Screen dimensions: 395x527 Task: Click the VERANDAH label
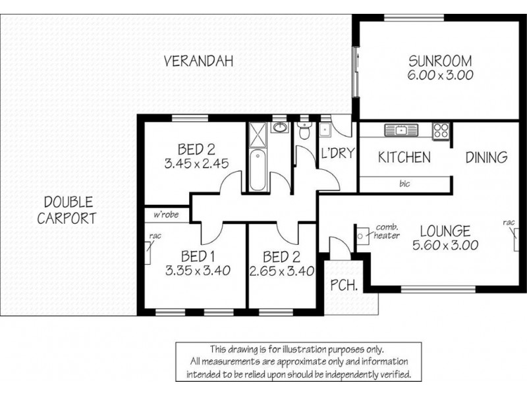pos(198,62)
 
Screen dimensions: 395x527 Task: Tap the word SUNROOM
pos(440,62)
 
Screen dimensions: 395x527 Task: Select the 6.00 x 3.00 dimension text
pos(440,76)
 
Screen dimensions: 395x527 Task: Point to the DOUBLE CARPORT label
pos(66,210)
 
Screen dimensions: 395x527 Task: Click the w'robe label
pos(167,215)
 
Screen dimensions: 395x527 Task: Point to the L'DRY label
pos(338,154)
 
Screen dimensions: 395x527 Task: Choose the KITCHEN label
pos(404,158)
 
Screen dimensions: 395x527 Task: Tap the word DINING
pos(486,158)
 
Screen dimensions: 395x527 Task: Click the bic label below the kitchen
pos(404,184)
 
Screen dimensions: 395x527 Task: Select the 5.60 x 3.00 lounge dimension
pos(445,245)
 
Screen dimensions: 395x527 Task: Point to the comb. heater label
pos(387,231)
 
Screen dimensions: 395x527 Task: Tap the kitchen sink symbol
pos(401,130)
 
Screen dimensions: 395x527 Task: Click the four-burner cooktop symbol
pos(441,130)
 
